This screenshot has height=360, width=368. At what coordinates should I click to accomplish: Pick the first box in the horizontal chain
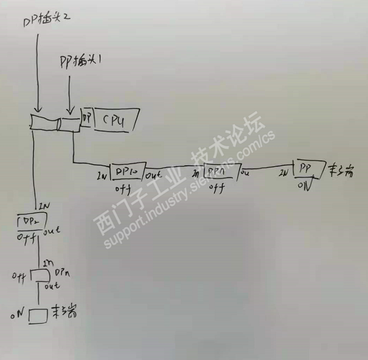tap(127, 172)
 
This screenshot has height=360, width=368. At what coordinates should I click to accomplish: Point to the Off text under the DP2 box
tap(27, 238)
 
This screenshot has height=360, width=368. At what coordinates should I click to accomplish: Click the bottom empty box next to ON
tap(38, 316)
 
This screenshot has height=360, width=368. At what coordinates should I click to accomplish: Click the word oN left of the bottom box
tap(17, 317)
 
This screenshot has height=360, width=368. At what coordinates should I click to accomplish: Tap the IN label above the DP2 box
tap(42, 206)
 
